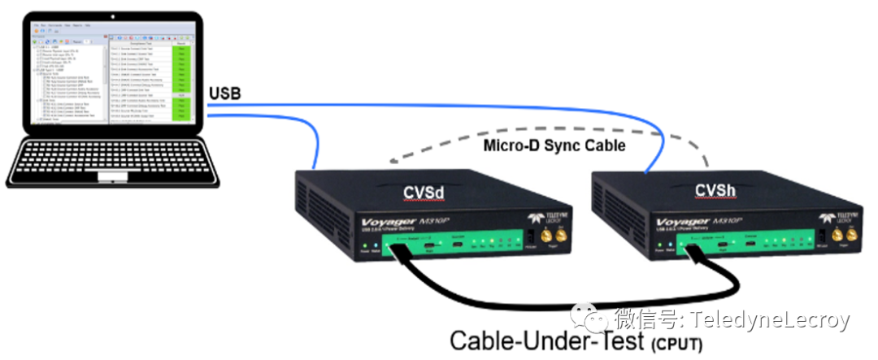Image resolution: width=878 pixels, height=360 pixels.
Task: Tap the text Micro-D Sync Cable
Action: pos(554,145)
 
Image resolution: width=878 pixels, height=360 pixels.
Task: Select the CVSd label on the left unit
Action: pos(425,192)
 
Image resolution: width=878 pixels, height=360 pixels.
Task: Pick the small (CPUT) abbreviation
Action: pos(676,344)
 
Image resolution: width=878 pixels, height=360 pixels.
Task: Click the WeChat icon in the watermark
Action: pos(589,319)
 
